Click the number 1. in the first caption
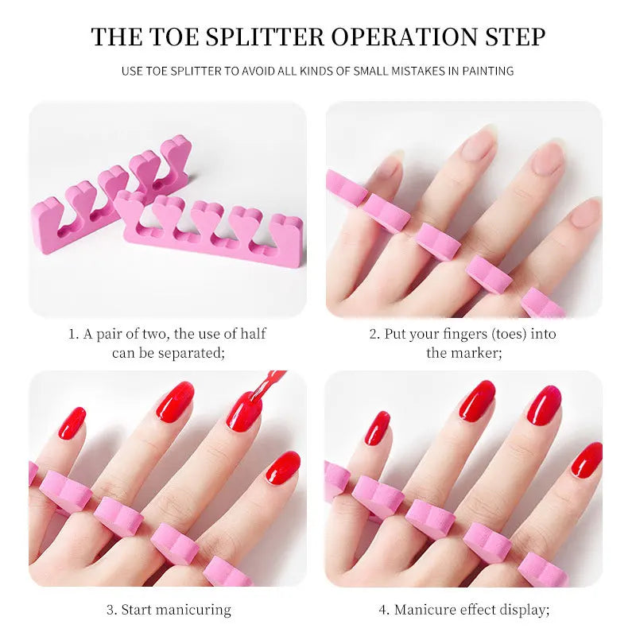[x=73, y=334]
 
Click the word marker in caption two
[x=475, y=352]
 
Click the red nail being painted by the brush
[x=244, y=411]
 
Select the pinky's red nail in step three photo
[x=72, y=423]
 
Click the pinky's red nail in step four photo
[x=378, y=428]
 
